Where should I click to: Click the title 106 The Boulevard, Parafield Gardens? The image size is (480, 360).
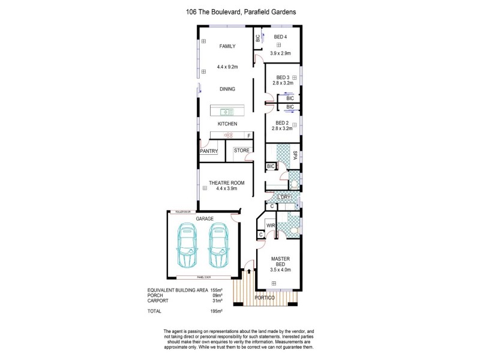pyautogui.click(x=240, y=11)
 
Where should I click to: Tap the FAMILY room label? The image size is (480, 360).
pyautogui.click(x=227, y=46)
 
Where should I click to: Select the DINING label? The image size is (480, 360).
pyautogui.click(x=227, y=89)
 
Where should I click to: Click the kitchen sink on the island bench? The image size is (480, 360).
pyautogui.click(x=227, y=111)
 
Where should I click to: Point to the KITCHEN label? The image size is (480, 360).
pyautogui.click(x=227, y=124)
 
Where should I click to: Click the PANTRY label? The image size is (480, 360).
pyautogui.click(x=209, y=151)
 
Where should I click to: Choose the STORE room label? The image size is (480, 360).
pyautogui.click(x=242, y=150)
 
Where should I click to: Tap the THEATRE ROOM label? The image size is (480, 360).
pyautogui.click(x=227, y=182)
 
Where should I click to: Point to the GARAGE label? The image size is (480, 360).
pyautogui.click(x=205, y=219)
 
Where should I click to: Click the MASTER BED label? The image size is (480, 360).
pyautogui.click(x=281, y=262)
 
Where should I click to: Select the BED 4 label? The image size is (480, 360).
pyautogui.click(x=280, y=37)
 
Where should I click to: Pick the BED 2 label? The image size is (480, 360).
pyautogui.click(x=282, y=122)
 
